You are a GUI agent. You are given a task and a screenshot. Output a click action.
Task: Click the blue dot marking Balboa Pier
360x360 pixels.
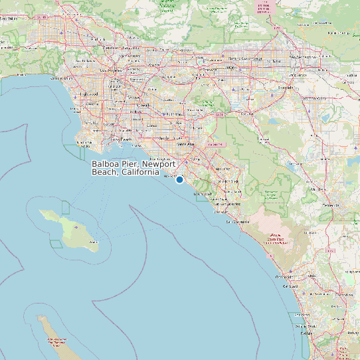(179, 179)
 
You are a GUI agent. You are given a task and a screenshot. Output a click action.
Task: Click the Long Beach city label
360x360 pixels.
(122, 139)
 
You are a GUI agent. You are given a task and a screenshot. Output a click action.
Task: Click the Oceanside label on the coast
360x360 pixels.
(284, 277)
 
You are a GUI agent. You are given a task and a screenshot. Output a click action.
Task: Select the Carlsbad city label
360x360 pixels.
(290, 286)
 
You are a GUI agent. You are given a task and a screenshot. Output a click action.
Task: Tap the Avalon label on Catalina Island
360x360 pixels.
(94, 242)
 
